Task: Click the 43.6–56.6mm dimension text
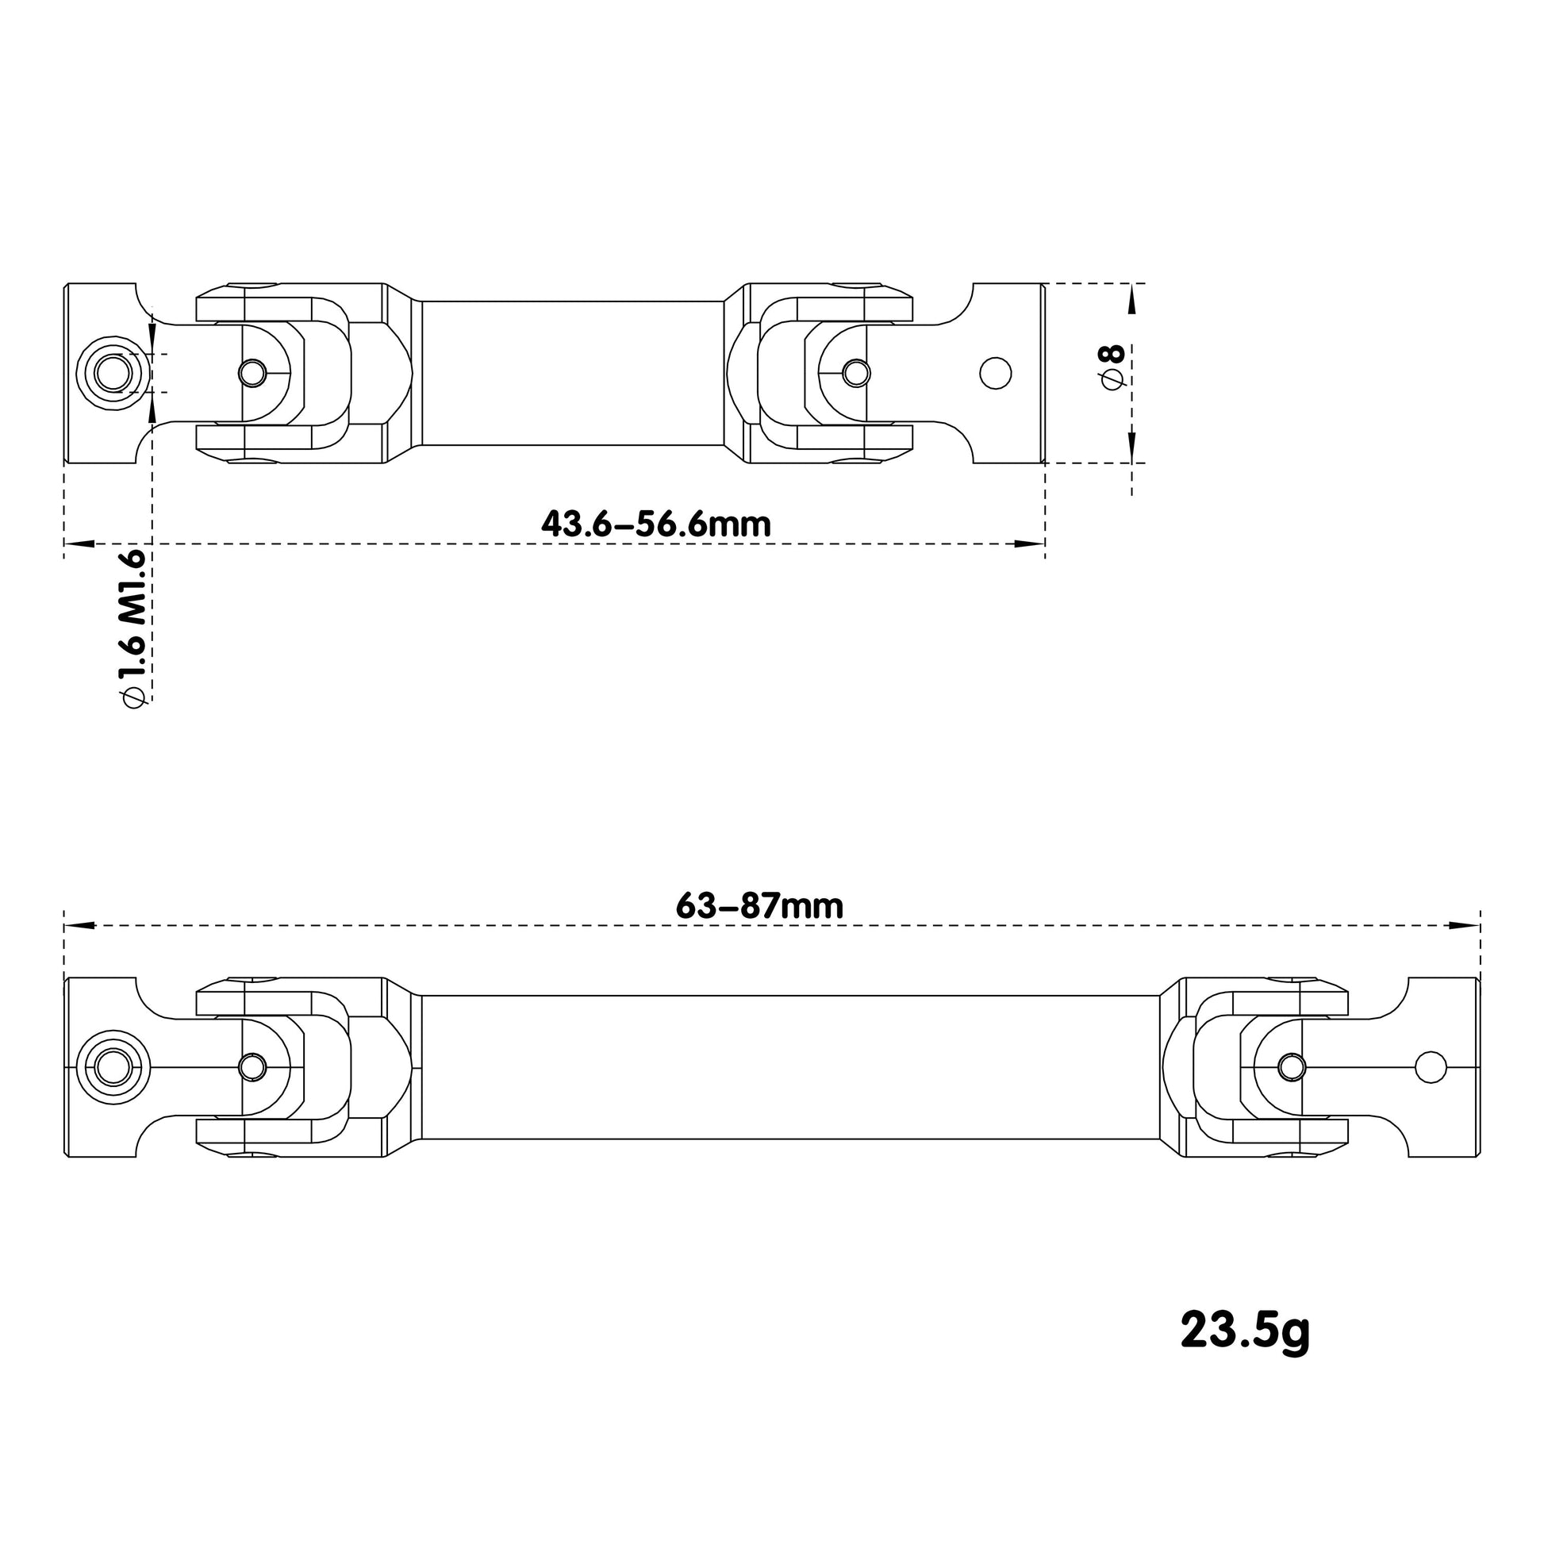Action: (x=656, y=525)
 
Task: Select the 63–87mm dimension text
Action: (x=759, y=906)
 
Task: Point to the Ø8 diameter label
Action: (x=1112, y=367)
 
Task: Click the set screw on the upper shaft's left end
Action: (x=113, y=373)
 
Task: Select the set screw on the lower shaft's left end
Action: (x=113, y=1067)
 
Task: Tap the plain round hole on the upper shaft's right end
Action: (x=995, y=373)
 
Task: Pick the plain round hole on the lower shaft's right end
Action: (x=1430, y=1067)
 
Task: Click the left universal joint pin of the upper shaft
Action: (x=252, y=372)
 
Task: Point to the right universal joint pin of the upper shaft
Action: (x=857, y=372)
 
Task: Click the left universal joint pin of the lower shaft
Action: (x=252, y=1066)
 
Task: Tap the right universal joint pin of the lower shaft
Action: (x=1292, y=1066)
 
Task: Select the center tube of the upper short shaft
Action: (x=572, y=373)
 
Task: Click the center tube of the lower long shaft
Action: (x=789, y=1067)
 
